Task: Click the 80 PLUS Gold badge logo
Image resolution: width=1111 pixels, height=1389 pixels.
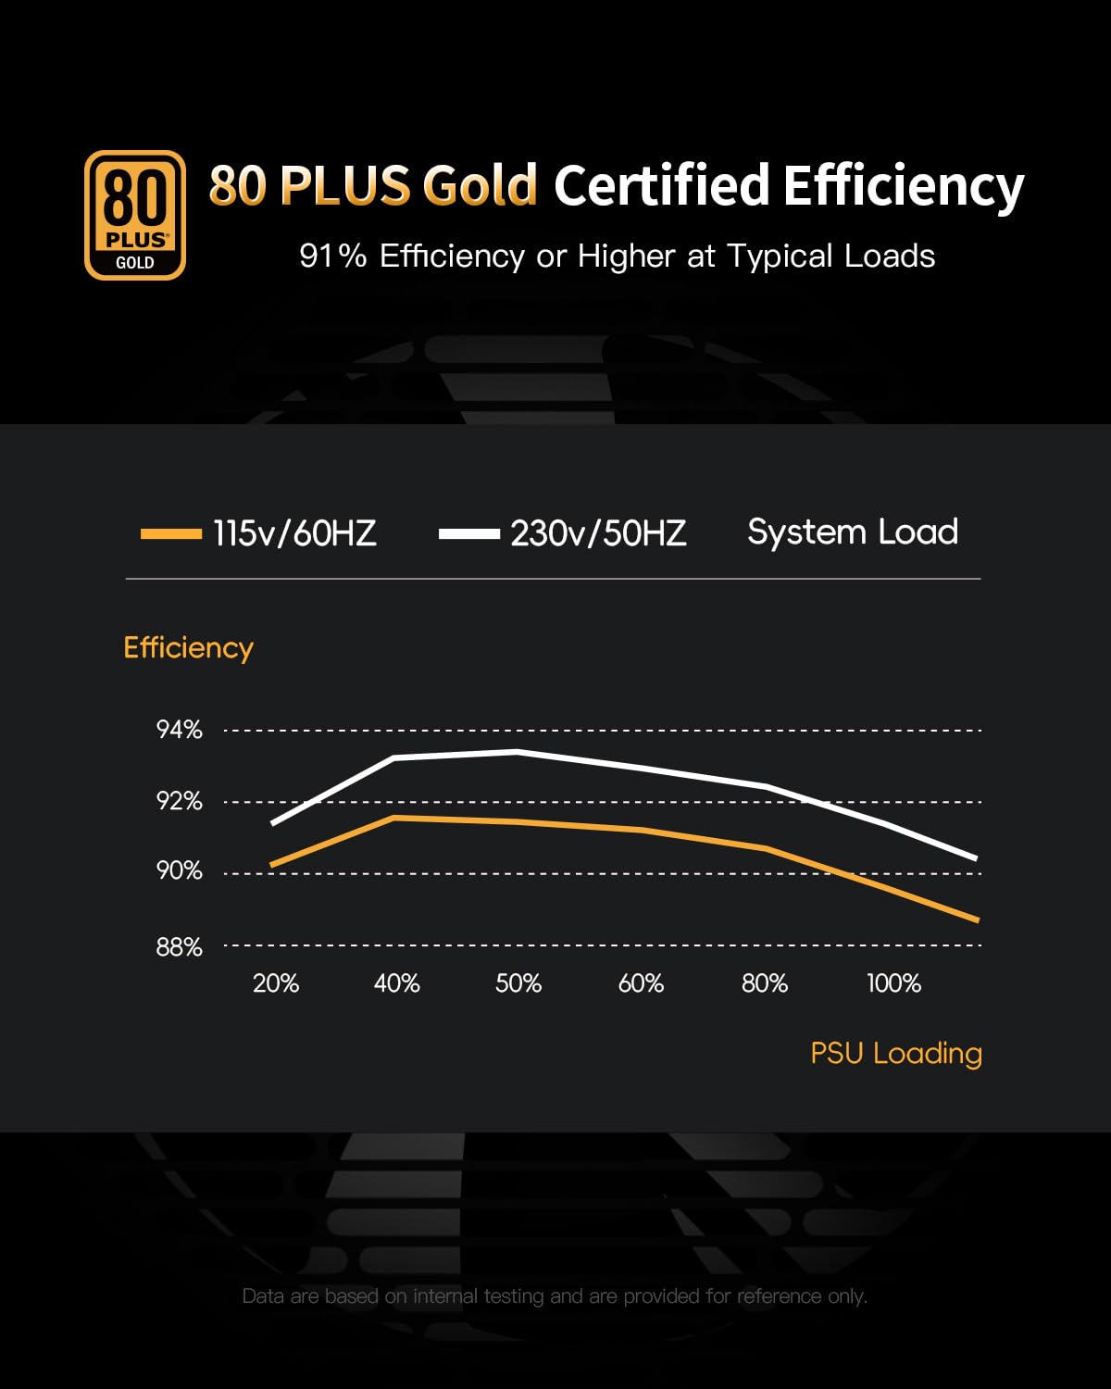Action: tap(135, 215)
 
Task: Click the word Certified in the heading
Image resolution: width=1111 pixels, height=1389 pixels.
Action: tap(661, 185)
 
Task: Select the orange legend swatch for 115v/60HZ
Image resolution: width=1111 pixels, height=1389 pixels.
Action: tap(171, 533)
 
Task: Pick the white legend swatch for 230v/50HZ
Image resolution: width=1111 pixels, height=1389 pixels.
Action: tap(469, 533)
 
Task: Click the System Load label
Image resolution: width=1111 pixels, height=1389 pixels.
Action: tap(853, 532)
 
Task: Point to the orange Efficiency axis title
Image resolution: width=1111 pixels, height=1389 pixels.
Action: tap(188, 647)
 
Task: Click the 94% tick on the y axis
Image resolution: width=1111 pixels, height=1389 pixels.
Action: tap(179, 730)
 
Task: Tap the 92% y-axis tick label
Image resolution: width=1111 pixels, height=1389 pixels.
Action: tap(179, 801)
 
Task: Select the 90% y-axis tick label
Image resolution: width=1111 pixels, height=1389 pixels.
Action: tap(179, 871)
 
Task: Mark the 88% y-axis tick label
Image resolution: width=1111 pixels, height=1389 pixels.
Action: tap(179, 946)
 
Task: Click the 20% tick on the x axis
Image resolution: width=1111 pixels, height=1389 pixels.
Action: tap(276, 983)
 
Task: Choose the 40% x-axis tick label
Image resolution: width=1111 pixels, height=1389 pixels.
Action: tap(396, 983)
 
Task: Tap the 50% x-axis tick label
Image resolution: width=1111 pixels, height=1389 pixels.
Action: tap(518, 983)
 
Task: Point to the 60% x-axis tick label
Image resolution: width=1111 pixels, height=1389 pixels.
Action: tap(641, 983)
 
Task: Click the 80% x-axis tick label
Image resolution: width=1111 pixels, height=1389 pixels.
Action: tap(765, 983)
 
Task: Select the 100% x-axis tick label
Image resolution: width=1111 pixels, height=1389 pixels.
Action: tap(893, 983)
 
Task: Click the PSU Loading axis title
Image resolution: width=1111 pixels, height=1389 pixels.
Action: tap(896, 1053)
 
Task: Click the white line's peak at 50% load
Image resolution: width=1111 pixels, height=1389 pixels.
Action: tap(517, 752)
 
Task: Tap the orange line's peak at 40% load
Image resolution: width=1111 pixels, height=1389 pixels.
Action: tap(394, 818)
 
